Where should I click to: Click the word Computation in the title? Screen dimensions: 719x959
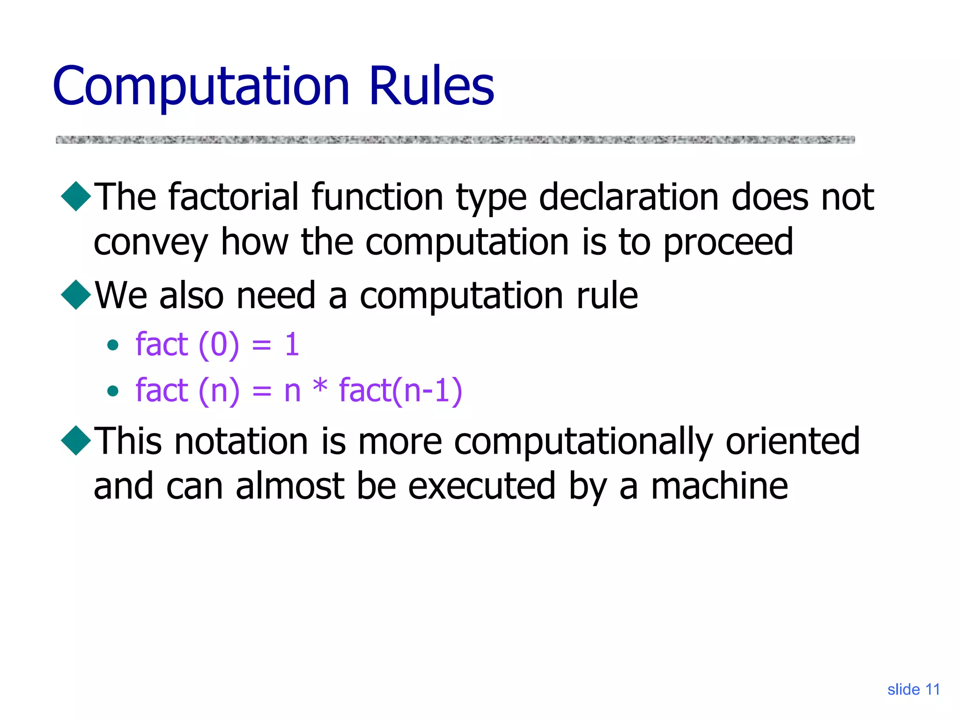point(201,87)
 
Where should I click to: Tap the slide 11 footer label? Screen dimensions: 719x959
point(913,690)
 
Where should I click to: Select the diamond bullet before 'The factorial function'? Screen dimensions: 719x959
point(76,196)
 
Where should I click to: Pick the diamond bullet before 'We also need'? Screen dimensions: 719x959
point(76,295)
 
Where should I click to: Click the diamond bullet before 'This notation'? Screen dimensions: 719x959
point(76,440)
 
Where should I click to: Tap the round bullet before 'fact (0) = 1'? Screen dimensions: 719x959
point(112,345)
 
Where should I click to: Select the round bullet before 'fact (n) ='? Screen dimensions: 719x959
point(112,390)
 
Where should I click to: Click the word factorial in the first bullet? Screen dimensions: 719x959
point(234,197)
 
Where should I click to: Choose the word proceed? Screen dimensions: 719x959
point(728,242)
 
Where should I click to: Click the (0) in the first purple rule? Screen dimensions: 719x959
point(219,345)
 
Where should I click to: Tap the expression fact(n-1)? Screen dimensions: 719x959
point(400,390)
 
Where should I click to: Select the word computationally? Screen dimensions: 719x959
point(583,442)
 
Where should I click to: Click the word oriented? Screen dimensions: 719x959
point(792,441)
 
